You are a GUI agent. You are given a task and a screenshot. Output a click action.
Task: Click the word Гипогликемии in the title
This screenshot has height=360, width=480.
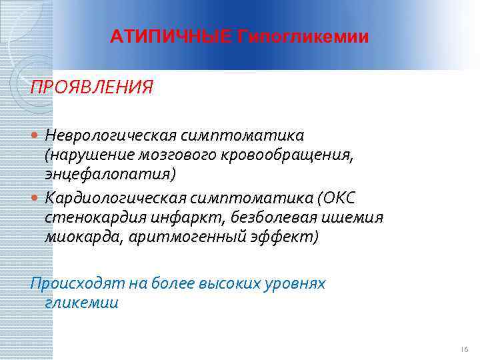[x=302, y=36]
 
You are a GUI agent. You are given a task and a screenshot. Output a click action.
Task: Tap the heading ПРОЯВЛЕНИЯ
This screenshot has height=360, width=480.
[x=91, y=87]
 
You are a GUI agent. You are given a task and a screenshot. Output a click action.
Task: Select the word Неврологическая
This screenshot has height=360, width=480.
[x=111, y=135]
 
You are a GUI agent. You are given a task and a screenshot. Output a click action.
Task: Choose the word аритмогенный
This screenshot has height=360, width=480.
[x=190, y=237]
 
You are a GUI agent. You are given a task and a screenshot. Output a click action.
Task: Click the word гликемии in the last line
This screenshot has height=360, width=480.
[x=81, y=303]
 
